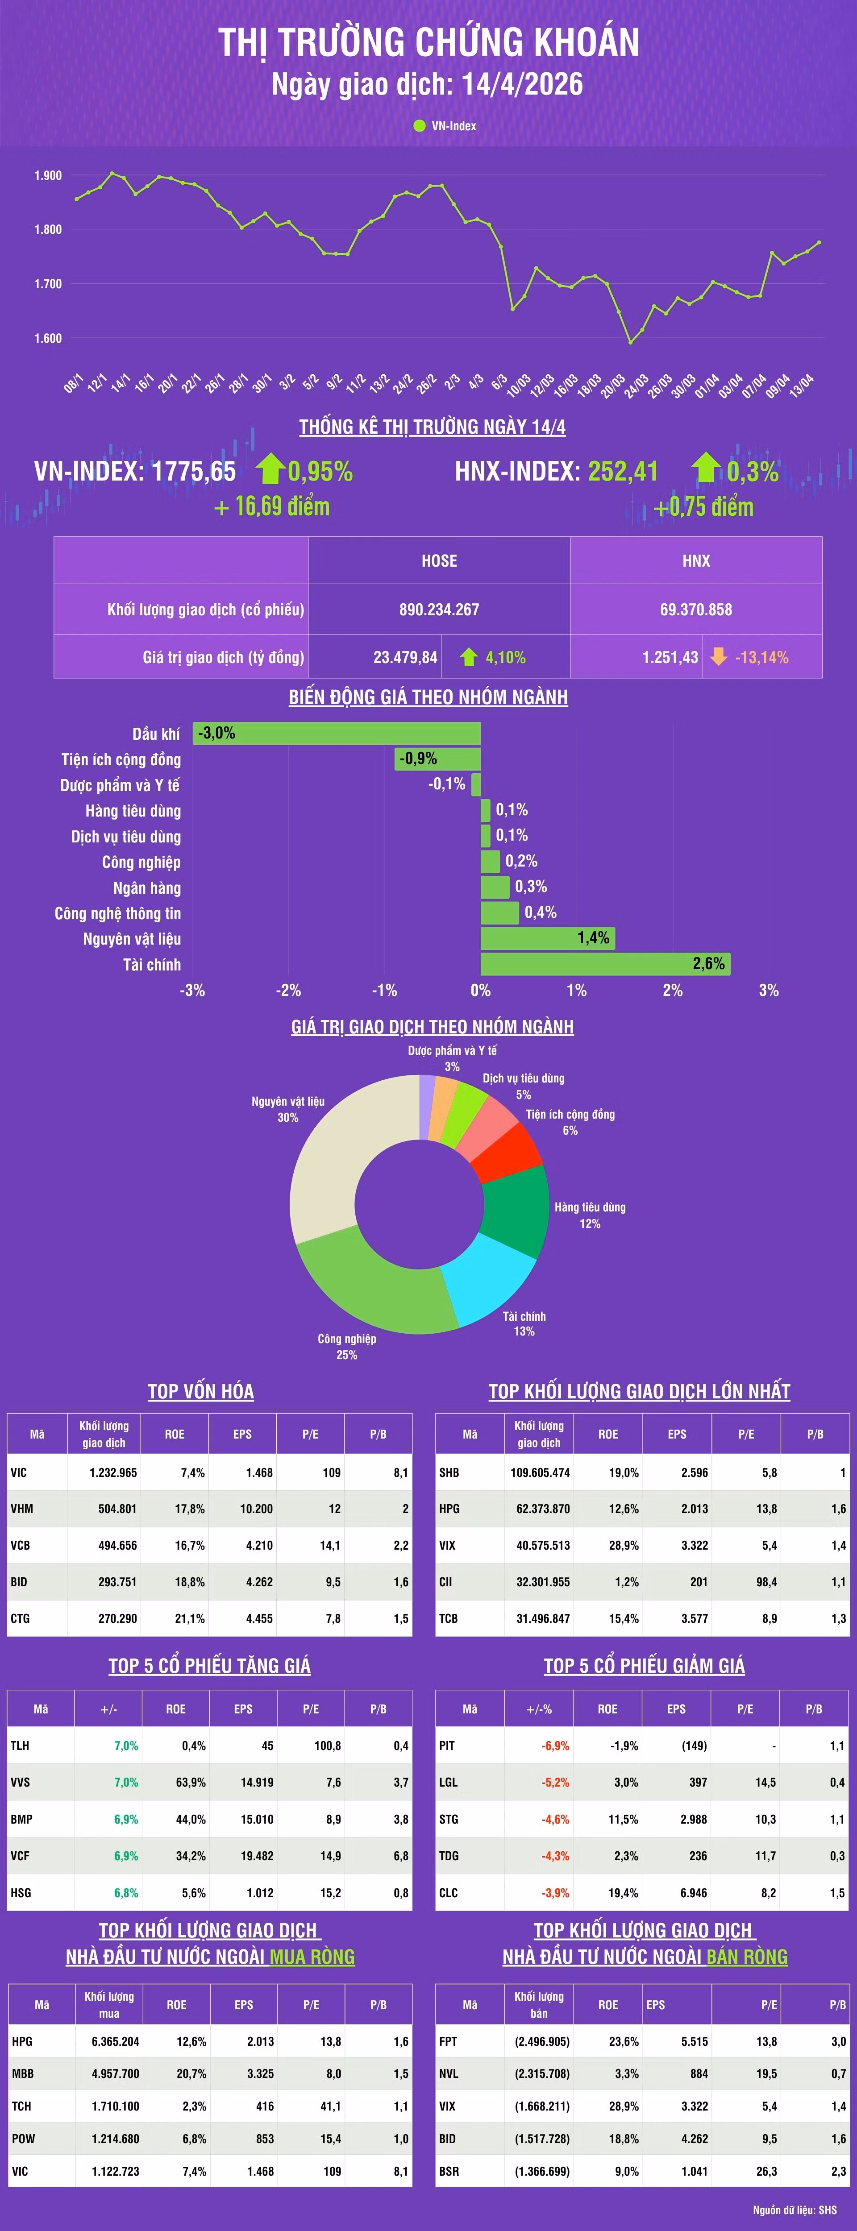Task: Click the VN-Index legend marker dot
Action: click(420, 125)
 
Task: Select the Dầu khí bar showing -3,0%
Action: click(336, 734)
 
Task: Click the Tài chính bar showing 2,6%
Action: click(605, 964)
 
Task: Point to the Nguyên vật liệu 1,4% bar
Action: click(548, 938)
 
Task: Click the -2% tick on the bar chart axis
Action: click(288, 990)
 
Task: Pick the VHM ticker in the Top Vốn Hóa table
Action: click(22, 1509)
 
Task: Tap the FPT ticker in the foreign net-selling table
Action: click(448, 2041)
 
